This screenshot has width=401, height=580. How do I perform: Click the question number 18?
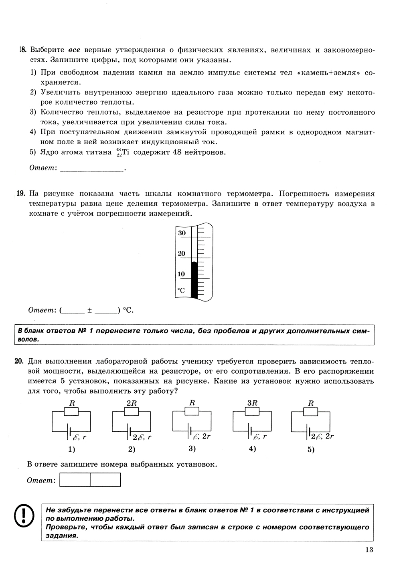[22, 50]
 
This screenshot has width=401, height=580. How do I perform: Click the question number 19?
[21, 194]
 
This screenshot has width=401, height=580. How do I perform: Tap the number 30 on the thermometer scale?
[182, 233]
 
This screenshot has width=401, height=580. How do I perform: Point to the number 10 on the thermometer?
[182, 274]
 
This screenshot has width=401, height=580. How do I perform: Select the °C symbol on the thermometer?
[181, 290]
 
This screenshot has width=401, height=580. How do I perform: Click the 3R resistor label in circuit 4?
[252, 403]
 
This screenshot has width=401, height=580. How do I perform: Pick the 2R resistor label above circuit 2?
[132, 403]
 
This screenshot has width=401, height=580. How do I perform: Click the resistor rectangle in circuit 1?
[72, 412]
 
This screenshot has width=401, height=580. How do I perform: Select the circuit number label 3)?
[192, 449]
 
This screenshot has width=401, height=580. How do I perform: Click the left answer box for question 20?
[75, 480]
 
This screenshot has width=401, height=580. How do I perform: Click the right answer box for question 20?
[105, 480]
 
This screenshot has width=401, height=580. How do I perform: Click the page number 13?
[369, 550]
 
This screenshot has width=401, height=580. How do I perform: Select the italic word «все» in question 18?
[74, 50]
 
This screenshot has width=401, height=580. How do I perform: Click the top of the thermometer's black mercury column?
[194, 263]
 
